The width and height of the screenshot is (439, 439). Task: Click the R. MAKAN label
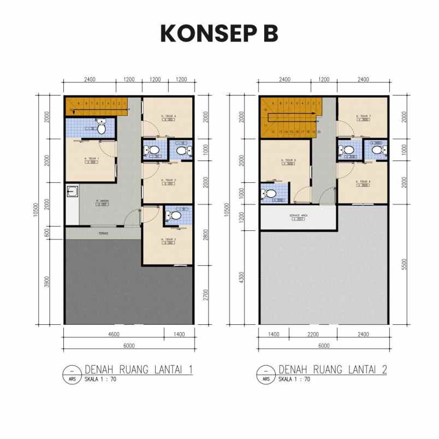click(x=103, y=201)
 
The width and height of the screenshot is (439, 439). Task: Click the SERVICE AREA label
click(x=299, y=216)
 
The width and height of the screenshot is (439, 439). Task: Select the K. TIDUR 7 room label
click(x=363, y=116)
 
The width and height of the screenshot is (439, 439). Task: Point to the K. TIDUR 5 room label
click(x=288, y=160)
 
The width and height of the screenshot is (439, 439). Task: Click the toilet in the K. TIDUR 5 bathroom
click(x=269, y=193)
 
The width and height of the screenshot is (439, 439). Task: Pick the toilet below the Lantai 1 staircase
click(x=100, y=127)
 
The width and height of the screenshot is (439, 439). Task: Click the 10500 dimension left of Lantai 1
click(x=36, y=210)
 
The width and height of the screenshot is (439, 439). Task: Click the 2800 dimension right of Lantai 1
click(x=205, y=235)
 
